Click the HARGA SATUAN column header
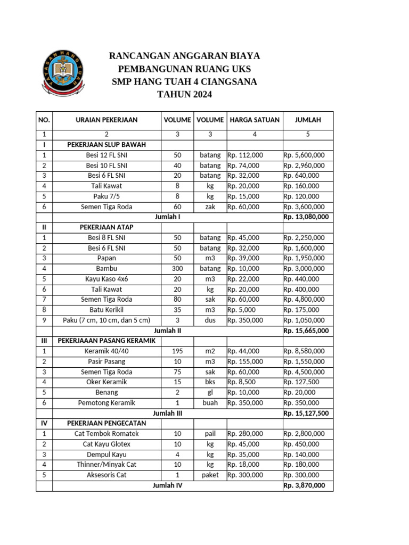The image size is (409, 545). tap(255, 120)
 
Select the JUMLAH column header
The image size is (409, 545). tap(308, 120)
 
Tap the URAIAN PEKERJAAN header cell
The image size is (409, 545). tap(107, 120)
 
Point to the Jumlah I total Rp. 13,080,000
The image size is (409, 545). tap(306, 217)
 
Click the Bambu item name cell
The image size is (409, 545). tap(107, 269)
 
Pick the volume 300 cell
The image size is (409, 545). tap(177, 269)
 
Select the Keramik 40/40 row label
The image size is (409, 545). tap(107, 351)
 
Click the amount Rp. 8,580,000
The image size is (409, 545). tap(304, 351)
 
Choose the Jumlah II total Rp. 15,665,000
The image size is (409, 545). tap(306, 331)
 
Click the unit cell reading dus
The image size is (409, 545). tap(210, 320)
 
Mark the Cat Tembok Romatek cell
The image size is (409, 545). tap(107, 434)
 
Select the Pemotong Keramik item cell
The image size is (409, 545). tap(107, 403)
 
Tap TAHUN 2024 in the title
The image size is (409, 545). tap(184, 95)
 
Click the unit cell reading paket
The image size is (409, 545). tap(210, 475)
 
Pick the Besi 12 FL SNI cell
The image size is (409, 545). tap(107, 155)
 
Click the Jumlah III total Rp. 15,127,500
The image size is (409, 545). tap(306, 413)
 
